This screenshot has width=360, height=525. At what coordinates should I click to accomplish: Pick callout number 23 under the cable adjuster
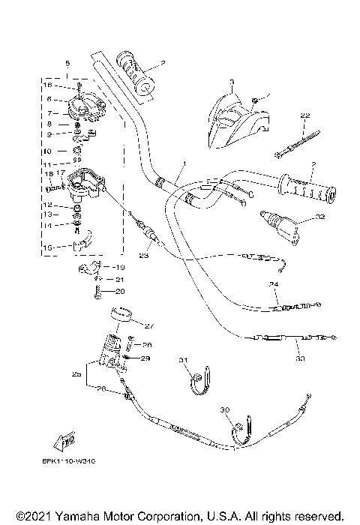(x=142, y=256)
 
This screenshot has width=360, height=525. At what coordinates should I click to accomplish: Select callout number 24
(x=274, y=285)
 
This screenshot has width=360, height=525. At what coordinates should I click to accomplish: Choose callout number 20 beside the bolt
(x=120, y=291)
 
